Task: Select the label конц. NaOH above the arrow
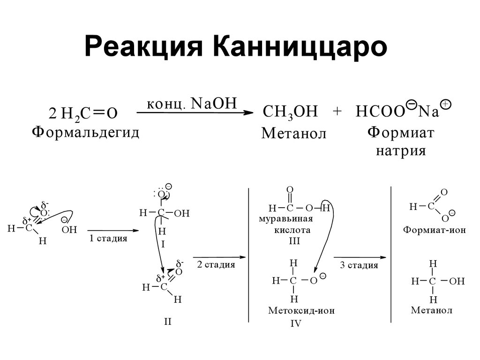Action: tap(193, 104)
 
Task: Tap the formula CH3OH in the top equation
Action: tap(291, 112)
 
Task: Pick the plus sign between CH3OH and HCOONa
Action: tap(337, 112)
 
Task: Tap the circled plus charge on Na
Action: tap(446, 105)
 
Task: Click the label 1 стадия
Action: tap(108, 239)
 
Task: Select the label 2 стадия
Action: tap(216, 265)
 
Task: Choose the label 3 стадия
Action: tap(359, 265)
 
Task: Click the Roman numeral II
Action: tap(168, 322)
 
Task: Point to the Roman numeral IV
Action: tap(295, 323)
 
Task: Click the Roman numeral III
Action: tap(294, 241)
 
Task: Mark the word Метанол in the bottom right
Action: tap(432, 310)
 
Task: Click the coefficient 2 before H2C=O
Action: tap(52, 113)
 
